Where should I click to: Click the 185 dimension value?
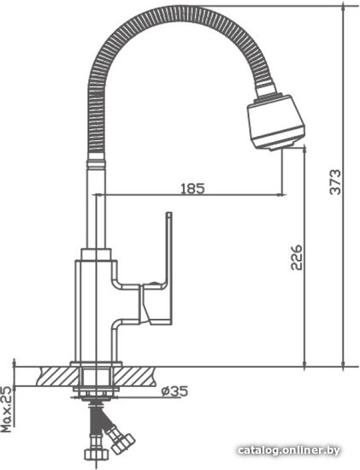coord(192,189)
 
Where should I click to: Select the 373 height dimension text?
coord(335,182)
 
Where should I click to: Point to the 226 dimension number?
coord(297,258)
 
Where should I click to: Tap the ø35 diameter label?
coord(174,391)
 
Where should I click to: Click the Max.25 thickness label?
coord(8,409)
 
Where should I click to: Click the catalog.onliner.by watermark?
coord(289,450)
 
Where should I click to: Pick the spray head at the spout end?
coord(275,122)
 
